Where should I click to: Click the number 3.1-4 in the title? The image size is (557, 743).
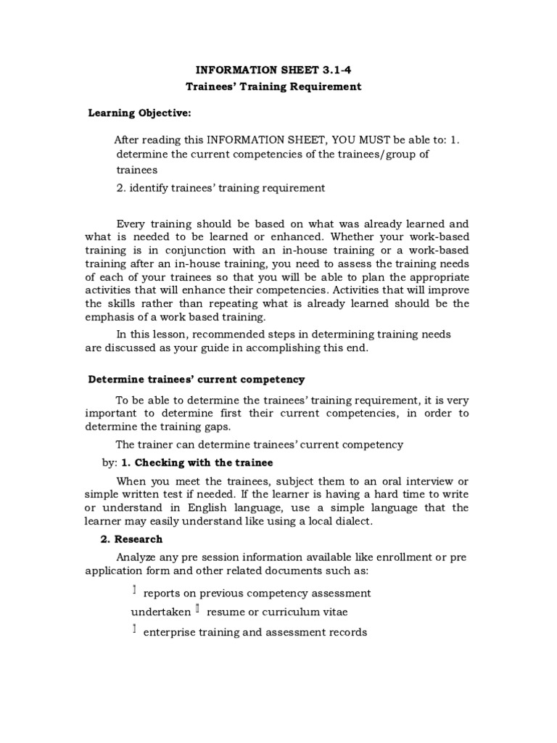(341, 70)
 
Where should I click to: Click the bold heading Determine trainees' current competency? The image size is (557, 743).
(196, 379)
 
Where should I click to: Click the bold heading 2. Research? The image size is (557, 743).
(131, 539)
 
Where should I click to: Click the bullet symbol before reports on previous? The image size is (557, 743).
(134, 592)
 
